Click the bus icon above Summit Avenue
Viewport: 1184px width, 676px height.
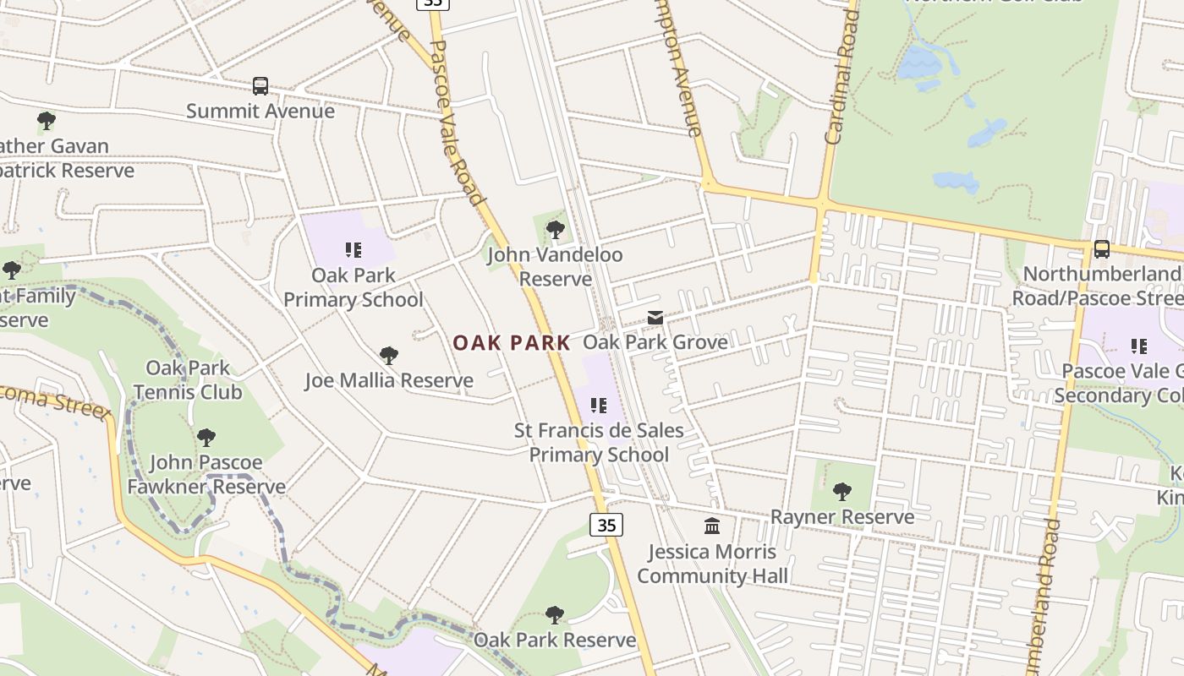260,86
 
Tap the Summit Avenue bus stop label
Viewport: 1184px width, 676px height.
260,111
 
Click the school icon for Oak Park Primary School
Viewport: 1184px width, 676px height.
354,250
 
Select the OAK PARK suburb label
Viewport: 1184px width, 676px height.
512,342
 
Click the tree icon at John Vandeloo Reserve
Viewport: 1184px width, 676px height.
555,230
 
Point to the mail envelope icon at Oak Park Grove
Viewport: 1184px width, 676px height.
655,318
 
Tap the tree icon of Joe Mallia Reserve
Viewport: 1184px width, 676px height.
389,356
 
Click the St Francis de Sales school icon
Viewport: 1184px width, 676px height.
599,406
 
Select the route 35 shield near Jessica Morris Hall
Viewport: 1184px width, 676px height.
606,525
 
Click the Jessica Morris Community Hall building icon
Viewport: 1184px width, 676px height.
712,526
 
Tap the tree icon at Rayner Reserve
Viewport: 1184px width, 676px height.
842,492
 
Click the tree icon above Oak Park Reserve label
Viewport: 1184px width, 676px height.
555,614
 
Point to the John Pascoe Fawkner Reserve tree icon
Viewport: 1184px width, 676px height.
206,438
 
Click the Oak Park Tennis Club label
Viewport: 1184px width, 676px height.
188,380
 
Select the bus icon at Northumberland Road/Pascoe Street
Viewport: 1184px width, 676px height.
1101,249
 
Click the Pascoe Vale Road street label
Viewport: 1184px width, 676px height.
458,127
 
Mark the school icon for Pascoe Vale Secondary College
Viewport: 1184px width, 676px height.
1139,346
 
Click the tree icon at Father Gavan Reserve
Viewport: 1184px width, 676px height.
47,121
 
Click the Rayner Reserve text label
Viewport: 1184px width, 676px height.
842,516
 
